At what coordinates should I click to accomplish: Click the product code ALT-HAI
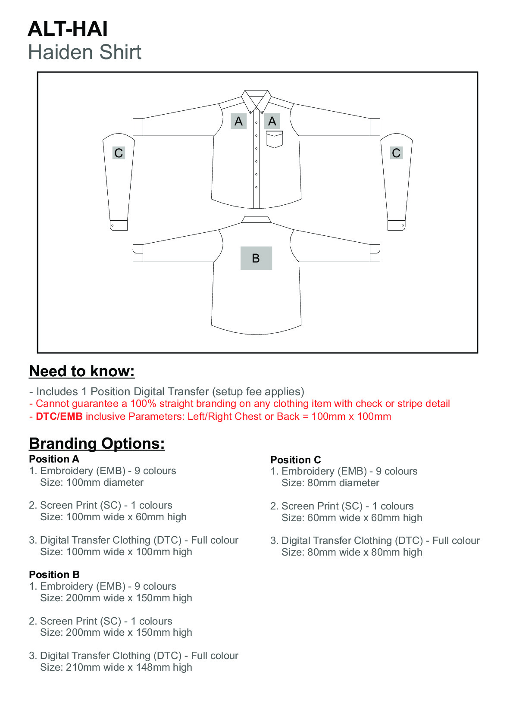pyautogui.click(x=68, y=29)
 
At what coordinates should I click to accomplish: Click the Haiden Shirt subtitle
pyautogui.click(x=84, y=53)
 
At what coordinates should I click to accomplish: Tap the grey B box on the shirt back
pyautogui.click(x=256, y=258)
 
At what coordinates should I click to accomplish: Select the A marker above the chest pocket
pyautogui.click(x=272, y=121)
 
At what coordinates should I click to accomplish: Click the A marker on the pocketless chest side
pyautogui.click(x=238, y=121)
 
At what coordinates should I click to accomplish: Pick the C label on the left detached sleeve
pyautogui.click(x=119, y=153)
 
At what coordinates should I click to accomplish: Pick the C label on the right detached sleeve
pyautogui.click(x=396, y=153)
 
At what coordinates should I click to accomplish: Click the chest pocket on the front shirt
pyautogui.click(x=274, y=139)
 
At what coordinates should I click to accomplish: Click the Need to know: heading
pyautogui.click(x=82, y=371)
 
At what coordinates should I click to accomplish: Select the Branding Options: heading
pyautogui.click(x=97, y=444)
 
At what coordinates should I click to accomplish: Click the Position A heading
pyautogui.click(x=54, y=459)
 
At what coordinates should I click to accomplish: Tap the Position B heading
pyautogui.click(x=54, y=575)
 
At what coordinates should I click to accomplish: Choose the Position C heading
pyautogui.click(x=295, y=460)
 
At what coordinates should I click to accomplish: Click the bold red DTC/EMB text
pyautogui.click(x=59, y=416)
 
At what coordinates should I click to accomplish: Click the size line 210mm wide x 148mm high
pyautogui.click(x=116, y=667)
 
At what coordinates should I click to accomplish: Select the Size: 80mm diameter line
pyautogui.click(x=330, y=483)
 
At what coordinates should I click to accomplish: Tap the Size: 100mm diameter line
pyautogui.click(x=92, y=482)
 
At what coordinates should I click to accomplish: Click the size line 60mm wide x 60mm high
pyautogui.click(x=352, y=518)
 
